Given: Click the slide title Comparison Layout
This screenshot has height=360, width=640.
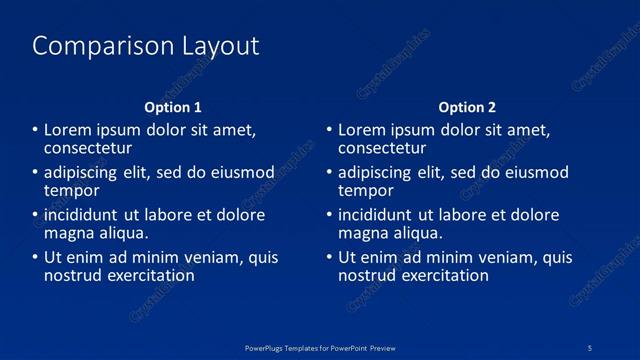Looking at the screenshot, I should coord(146,46).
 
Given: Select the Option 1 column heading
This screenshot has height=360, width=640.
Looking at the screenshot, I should coord(173,107).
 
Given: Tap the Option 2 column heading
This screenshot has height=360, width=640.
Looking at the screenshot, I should coord(467,107).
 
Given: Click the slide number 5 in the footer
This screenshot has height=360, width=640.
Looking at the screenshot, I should coord(590,347).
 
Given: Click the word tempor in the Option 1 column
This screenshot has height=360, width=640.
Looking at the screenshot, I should coord(72,190).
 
